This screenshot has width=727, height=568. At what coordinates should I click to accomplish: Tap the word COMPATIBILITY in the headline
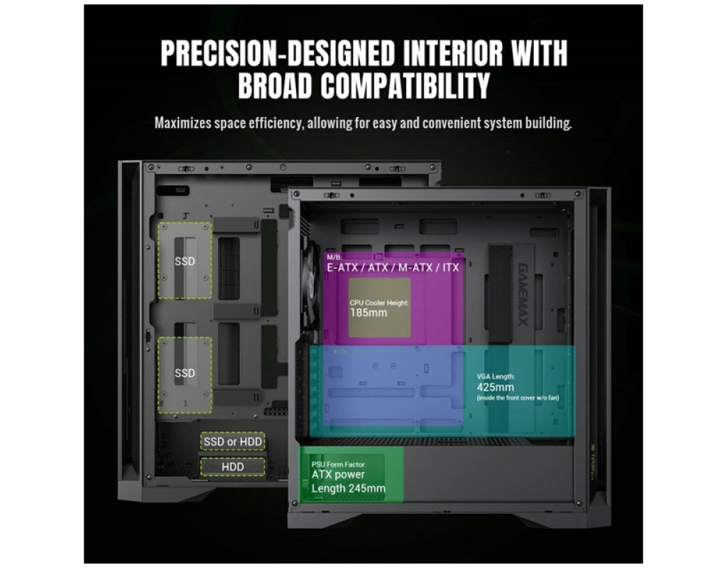[405, 84]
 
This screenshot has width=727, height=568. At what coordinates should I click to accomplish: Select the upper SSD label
[185, 261]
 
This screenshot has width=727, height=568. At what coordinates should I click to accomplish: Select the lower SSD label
[185, 373]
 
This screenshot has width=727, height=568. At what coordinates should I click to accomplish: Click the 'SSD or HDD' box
[233, 442]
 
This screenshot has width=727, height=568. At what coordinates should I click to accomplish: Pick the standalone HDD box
[233, 466]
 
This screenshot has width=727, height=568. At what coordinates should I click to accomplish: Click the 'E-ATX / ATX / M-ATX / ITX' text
[393, 268]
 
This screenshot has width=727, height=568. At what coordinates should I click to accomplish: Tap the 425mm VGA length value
[495, 387]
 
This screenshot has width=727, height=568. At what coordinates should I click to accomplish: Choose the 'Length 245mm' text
[349, 488]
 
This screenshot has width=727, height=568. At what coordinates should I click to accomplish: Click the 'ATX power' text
[338, 474]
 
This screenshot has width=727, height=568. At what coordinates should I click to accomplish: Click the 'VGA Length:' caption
[496, 376]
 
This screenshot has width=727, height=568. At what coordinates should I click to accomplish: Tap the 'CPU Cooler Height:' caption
[379, 302]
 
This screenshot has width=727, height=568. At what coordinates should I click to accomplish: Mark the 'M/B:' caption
[334, 257]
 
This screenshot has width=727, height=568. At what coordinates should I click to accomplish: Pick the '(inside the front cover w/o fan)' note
[517, 398]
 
